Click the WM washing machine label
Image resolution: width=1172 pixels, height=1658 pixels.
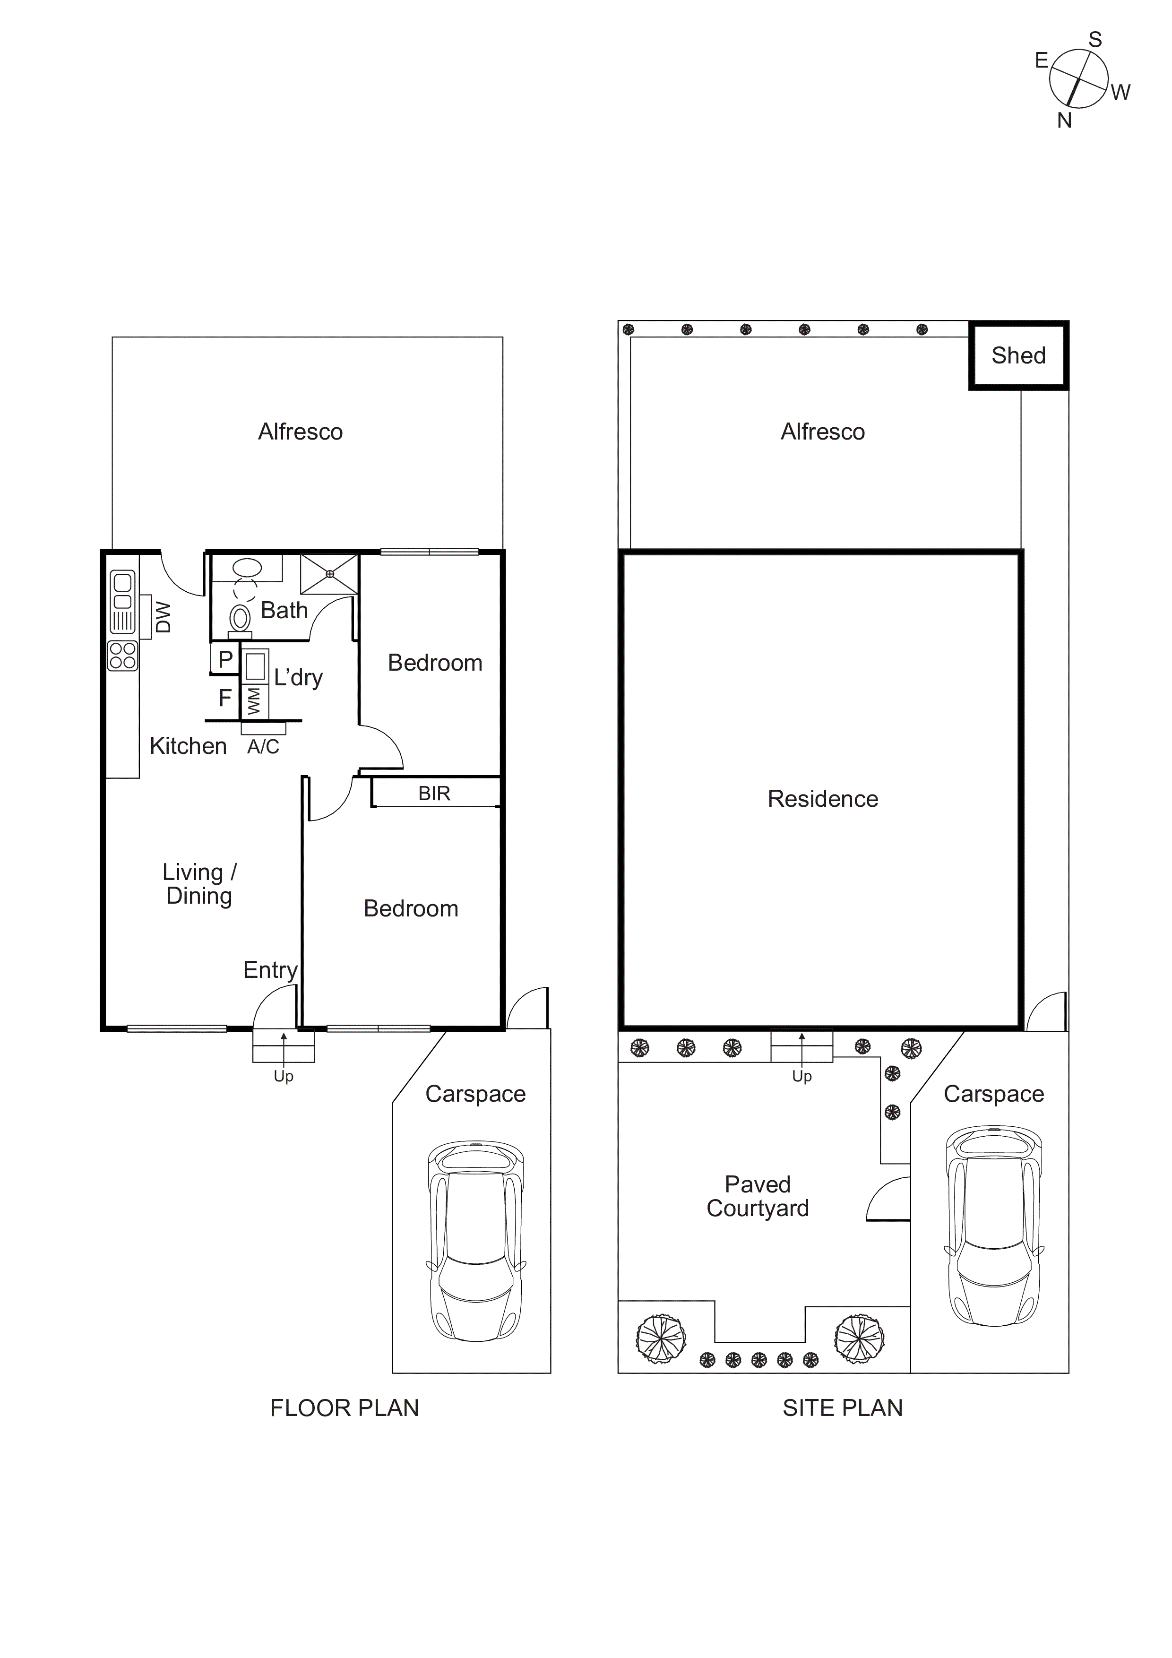coord(253,701)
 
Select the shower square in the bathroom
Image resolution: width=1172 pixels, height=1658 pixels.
coord(329,574)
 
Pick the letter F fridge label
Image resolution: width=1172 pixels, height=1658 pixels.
coord(225,698)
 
